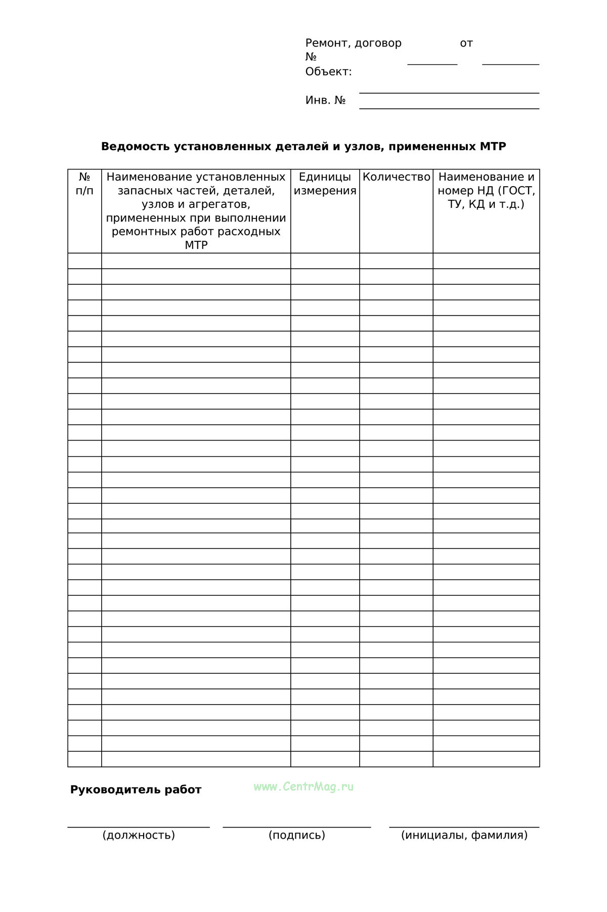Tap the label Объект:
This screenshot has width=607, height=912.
pos(328,72)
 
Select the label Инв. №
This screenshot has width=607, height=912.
pos(325,100)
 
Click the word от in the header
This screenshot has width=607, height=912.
pos(466,44)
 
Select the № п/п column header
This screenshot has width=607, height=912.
pos(84,184)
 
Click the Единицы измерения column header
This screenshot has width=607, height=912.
pos(325,184)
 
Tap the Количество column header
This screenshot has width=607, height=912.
pos(396,177)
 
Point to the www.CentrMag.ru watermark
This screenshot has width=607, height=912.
pos(303,787)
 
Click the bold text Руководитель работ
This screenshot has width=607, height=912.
pos(136,790)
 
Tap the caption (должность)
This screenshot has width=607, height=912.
pos(139,835)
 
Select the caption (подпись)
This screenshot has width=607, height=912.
pos(297,835)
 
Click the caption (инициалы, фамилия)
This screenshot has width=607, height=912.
pos(464,835)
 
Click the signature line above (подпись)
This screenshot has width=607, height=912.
pos(297,827)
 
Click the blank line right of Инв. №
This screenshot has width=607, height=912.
pos(449,108)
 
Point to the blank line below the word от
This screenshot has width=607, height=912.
pos(510,64)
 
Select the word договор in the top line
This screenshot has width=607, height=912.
pos(378,44)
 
